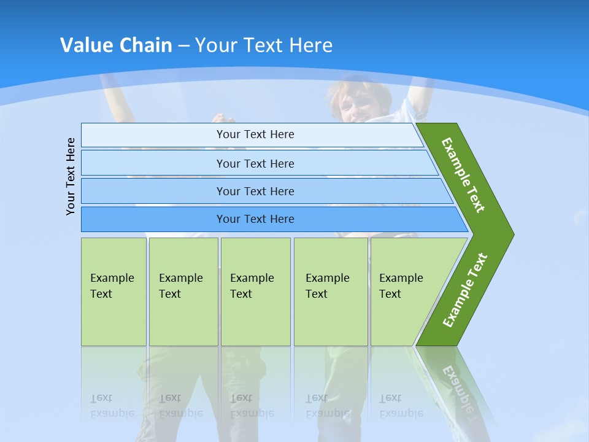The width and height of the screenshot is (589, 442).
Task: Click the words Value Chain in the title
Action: [116, 45]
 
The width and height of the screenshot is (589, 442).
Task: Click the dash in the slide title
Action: [183, 45]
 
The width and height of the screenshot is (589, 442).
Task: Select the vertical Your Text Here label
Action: [71, 177]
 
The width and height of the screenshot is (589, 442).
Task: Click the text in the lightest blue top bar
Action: [255, 134]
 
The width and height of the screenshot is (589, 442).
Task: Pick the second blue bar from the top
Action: [255, 163]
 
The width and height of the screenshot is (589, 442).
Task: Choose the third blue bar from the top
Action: [255, 191]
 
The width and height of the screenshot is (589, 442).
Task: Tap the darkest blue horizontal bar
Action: [255, 219]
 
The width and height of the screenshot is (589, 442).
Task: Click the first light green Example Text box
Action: [114, 292]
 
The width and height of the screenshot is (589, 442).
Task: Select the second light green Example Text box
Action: [183, 292]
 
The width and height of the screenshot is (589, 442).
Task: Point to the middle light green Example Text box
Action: [255, 292]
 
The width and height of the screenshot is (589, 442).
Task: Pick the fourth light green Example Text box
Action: [330, 292]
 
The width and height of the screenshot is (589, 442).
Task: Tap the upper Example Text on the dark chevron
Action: [463, 175]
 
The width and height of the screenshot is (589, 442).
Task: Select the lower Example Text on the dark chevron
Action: [464, 290]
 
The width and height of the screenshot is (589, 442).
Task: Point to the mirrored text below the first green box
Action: [111, 406]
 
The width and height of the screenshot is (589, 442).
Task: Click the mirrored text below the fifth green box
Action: [401, 406]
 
